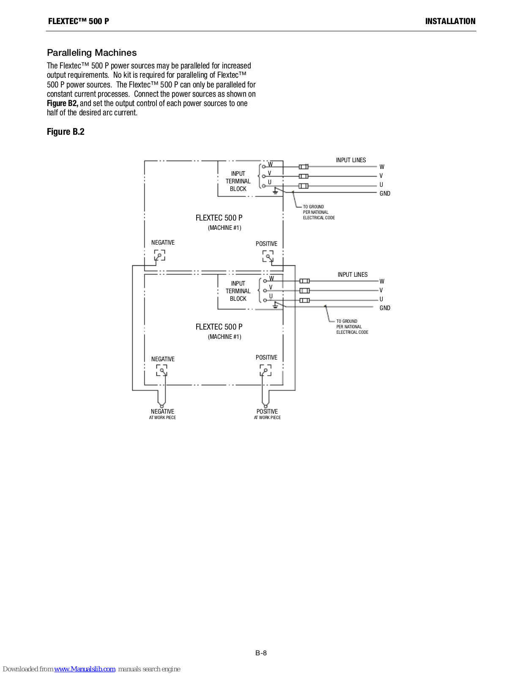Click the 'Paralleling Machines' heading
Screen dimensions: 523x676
(91, 52)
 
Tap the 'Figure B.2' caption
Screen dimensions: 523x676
(66, 131)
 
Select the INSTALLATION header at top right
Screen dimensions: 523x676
(450, 21)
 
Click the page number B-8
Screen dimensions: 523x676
(261, 653)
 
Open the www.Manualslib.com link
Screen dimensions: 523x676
(85, 669)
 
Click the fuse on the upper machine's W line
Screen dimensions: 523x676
(304, 167)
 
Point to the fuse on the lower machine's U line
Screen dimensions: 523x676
(304, 300)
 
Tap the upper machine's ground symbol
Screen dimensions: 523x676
(275, 191)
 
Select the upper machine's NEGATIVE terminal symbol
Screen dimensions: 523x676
(160, 256)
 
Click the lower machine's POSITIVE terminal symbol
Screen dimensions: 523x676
(266, 370)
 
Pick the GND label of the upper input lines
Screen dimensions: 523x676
(385, 194)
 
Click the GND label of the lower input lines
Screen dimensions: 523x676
(385, 308)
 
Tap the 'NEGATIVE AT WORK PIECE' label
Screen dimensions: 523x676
(162, 414)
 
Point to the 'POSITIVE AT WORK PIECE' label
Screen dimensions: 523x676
(267, 414)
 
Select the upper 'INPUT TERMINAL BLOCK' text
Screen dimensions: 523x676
(238, 181)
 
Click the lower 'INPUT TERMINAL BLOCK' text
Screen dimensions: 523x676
(238, 291)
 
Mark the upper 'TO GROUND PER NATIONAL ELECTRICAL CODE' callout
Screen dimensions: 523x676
(319, 212)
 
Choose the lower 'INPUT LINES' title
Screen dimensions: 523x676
(353, 274)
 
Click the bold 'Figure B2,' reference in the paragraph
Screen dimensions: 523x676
(63, 103)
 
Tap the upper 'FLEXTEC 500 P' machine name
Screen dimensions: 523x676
(219, 218)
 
